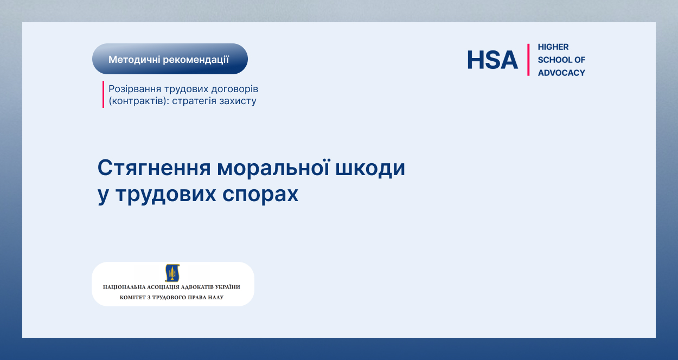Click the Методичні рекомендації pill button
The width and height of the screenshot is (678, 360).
pyautogui.click(x=170, y=59)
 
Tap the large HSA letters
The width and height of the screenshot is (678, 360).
pyautogui.click(x=492, y=60)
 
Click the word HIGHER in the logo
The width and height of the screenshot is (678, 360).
pyautogui.click(x=553, y=47)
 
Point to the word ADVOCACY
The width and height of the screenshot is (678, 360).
pyautogui.click(x=561, y=73)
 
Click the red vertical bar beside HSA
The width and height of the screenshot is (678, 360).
pyautogui.click(x=528, y=60)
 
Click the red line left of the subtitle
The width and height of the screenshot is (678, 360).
pyautogui.click(x=103, y=94)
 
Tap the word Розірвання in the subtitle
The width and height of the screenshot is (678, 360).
pyautogui.click(x=135, y=89)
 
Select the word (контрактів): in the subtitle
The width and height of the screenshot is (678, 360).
pyautogui.click(x=139, y=101)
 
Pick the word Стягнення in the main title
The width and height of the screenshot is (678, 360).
pyautogui.click(x=153, y=168)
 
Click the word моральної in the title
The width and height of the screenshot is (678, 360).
pyautogui.click(x=273, y=168)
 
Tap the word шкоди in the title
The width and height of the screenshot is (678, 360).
pyautogui.click(x=370, y=168)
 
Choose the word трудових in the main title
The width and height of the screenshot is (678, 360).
pyautogui.click(x=166, y=195)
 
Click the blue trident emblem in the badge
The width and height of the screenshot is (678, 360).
pyautogui.click(x=172, y=273)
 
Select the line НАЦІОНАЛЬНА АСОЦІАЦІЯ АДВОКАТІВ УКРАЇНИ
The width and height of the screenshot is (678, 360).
pyautogui.click(x=171, y=287)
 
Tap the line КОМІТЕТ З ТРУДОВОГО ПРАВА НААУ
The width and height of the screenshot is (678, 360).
pyautogui.click(x=171, y=297)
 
